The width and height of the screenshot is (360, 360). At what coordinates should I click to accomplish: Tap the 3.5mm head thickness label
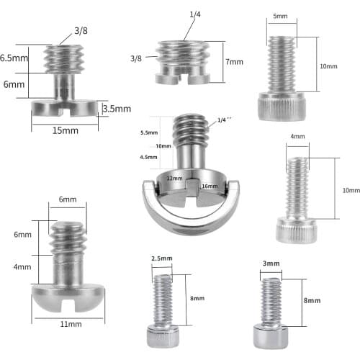117,109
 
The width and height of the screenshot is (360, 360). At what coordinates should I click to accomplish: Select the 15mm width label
65,132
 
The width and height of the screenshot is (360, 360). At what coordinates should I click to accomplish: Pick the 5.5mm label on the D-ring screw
148,133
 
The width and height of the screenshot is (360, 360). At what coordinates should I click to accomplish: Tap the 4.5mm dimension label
148,157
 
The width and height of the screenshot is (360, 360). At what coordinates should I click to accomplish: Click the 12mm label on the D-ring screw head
174,178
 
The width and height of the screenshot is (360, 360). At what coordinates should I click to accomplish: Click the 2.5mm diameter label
161,258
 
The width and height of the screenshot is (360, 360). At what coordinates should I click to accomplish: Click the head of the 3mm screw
271,334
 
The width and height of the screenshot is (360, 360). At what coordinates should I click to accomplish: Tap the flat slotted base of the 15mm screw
65,109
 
